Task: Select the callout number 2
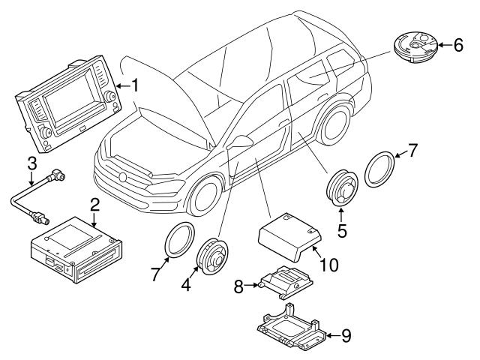(x=94, y=204)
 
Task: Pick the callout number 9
(x=345, y=336)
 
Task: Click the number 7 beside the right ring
(x=414, y=149)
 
